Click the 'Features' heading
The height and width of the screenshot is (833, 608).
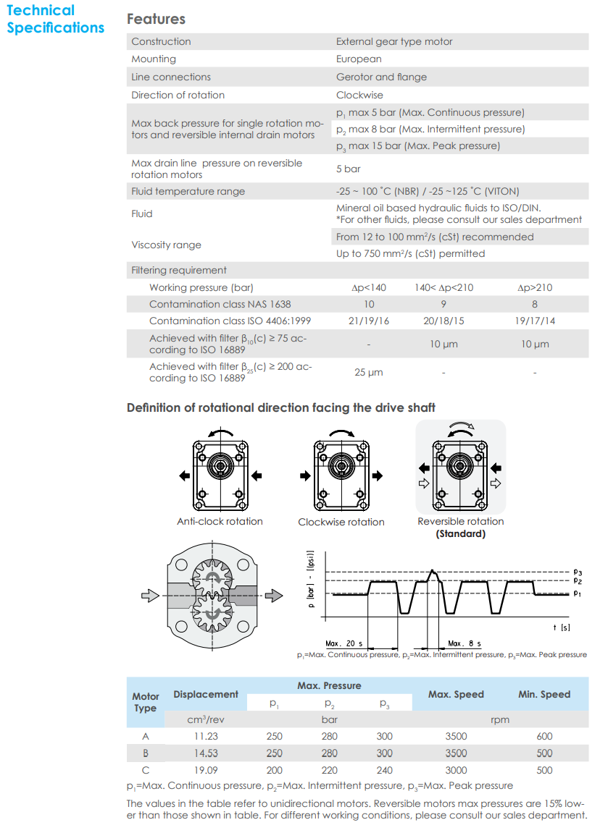click(x=156, y=20)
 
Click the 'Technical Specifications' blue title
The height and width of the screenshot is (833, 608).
click(x=55, y=20)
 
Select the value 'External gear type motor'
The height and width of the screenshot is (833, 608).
click(x=393, y=42)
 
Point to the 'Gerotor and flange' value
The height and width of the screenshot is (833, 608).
click(x=381, y=77)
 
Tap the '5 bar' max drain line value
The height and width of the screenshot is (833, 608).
click(x=348, y=169)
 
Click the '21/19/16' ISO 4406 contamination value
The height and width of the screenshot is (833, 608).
click(x=369, y=321)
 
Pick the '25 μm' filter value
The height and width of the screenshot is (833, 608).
click(x=369, y=373)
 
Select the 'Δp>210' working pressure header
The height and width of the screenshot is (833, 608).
click(x=535, y=288)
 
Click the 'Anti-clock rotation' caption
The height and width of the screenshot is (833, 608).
click(x=220, y=522)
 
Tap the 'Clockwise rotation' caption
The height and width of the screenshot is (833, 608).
click(x=341, y=523)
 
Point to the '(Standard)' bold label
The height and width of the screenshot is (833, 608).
click(x=460, y=534)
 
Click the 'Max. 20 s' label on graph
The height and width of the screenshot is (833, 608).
click(x=343, y=643)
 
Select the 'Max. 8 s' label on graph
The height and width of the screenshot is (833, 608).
click(x=464, y=643)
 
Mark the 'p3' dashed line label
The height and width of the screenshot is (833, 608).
click(x=578, y=572)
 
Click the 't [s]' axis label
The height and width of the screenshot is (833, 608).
click(x=561, y=627)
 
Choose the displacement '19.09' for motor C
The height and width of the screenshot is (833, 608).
click(x=206, y=771)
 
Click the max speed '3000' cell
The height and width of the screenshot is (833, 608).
click(x=456, y=771)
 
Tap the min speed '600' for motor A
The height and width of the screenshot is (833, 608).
click(x=544, y=737)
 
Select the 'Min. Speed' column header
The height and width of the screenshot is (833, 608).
click(x=544, y=695)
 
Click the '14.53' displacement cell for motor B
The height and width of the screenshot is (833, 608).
click(x=206, y=753)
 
